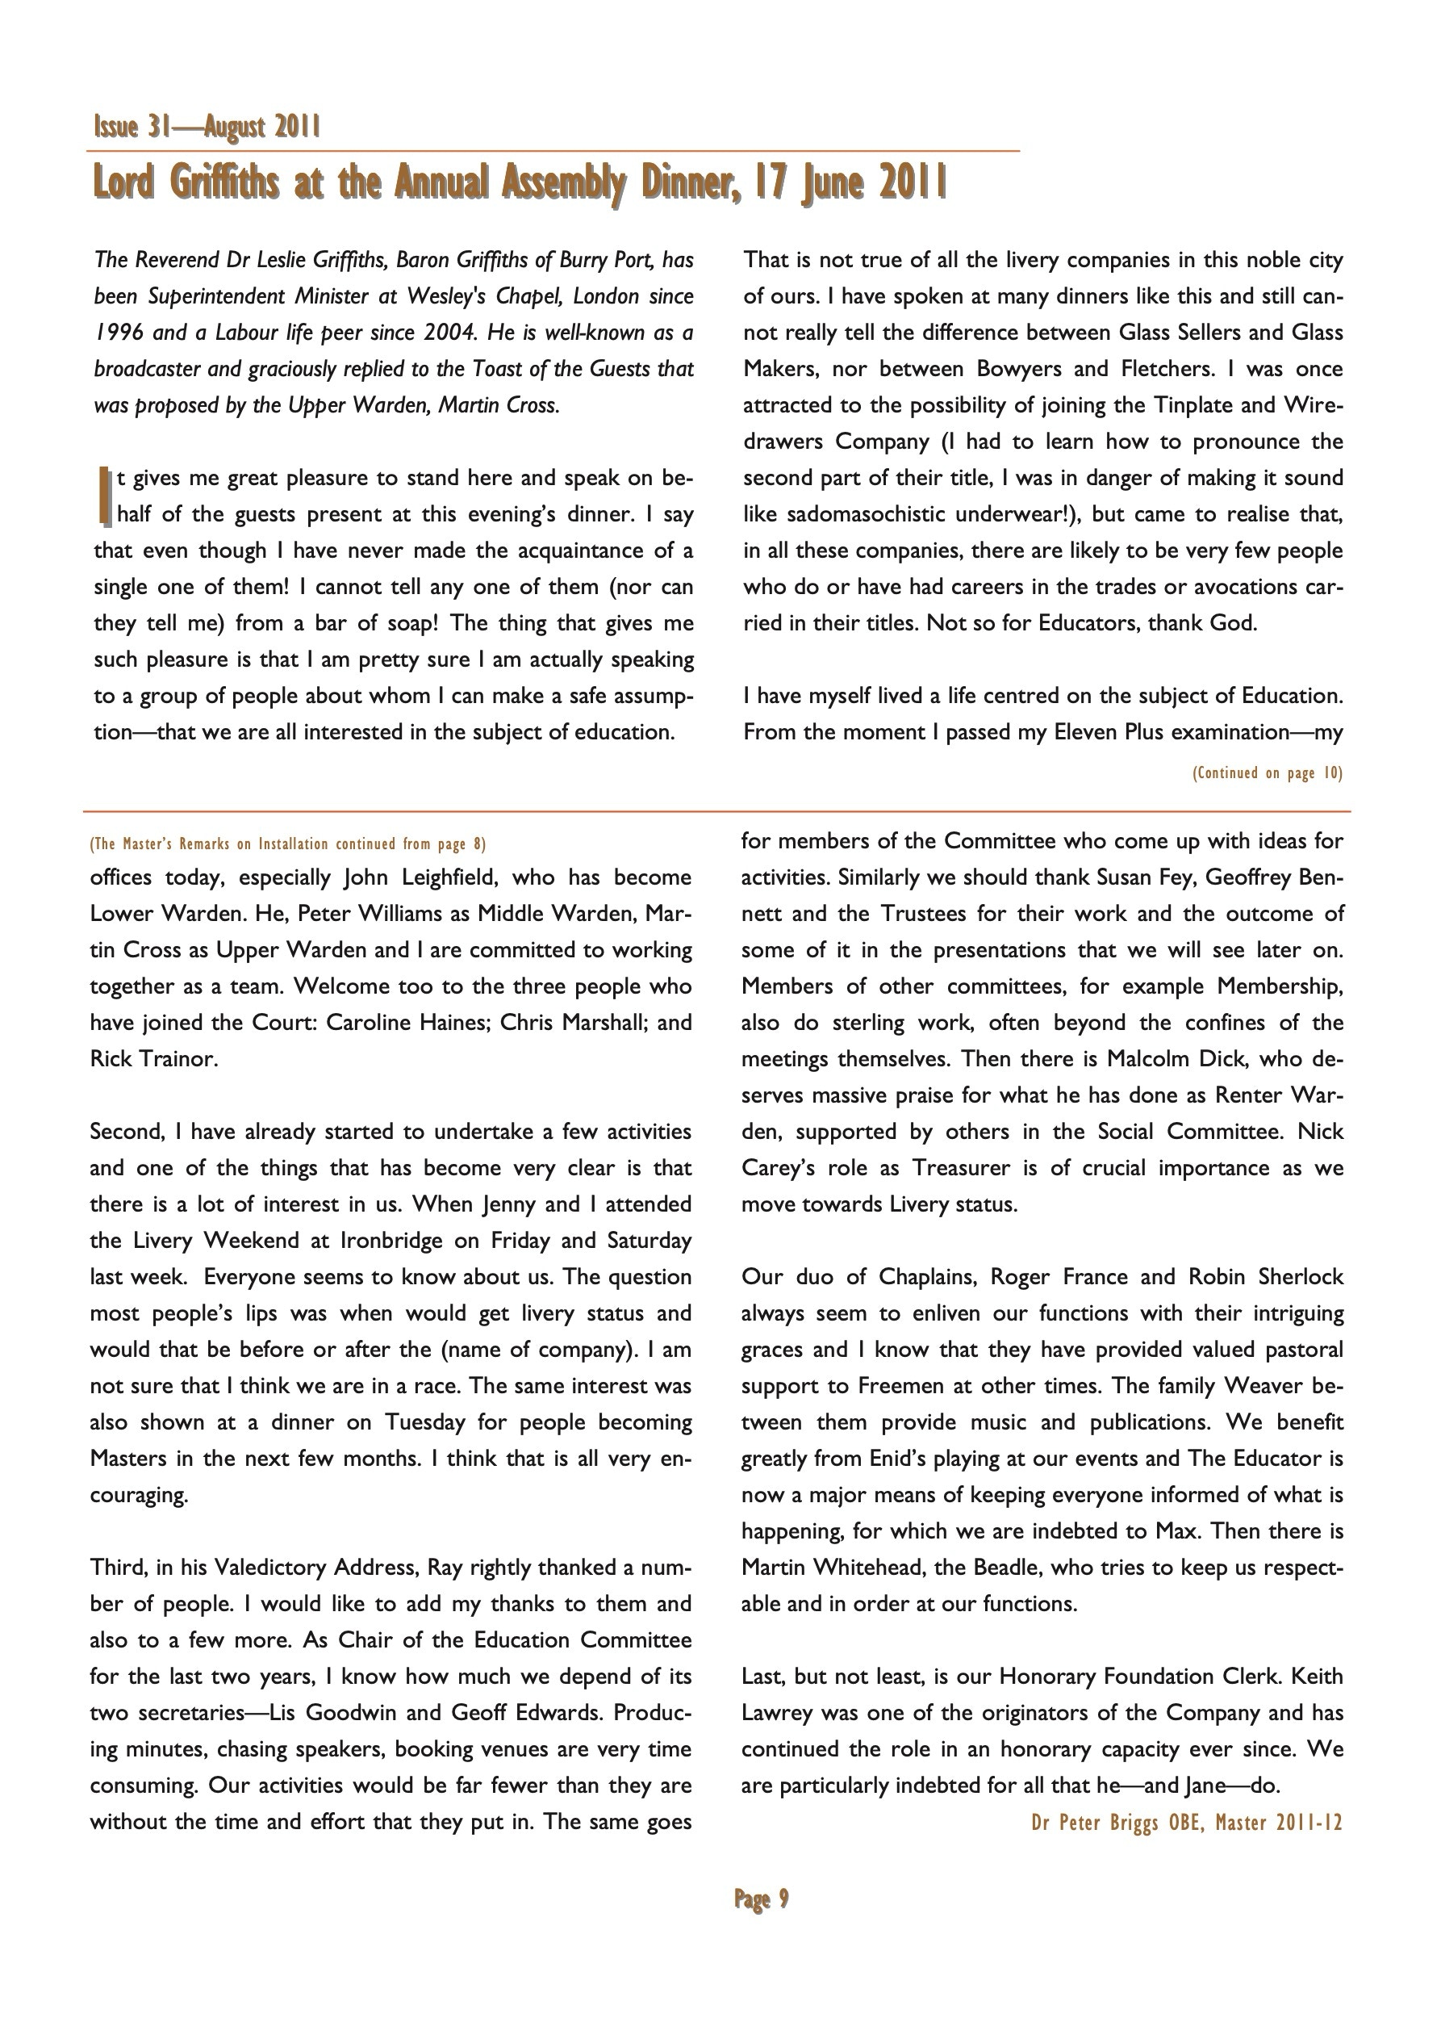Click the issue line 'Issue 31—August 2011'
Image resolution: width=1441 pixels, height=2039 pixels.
(207, 128)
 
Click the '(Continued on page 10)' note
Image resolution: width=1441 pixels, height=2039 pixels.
(1267, 772)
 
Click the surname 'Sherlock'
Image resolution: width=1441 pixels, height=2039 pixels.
(1301, 1277)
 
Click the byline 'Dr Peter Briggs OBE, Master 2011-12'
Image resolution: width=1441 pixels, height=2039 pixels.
(1186, 1823)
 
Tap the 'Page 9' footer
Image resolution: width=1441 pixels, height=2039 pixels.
(761, 1899)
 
